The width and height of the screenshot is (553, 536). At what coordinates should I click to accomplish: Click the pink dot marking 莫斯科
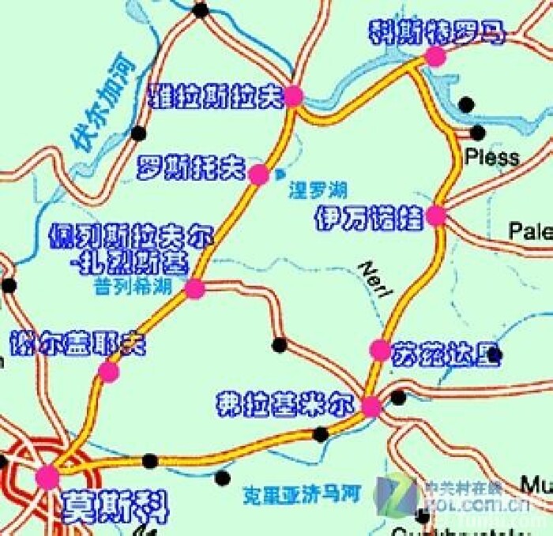pyautogui.click(x=47, y=477)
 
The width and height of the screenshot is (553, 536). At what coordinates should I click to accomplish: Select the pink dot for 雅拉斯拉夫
pyautogui.click(x=294, y=96)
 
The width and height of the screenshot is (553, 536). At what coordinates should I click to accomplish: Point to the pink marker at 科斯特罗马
pyautogui.click(x=434, y=55)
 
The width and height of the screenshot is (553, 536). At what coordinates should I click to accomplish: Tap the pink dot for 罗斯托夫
pyautogui.click(x=258, y=175)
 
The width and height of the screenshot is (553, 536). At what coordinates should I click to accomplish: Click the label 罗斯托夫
pyautogui.click(x=192, y=167)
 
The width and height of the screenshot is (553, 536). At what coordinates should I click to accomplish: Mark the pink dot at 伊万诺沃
pyautogui.click(x=435, y=216)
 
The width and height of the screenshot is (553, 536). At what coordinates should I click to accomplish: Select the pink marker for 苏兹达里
pyautogui.click(x=380, y=349)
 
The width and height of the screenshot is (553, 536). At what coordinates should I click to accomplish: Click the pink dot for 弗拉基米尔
pyautogui.click(x=371, y=407)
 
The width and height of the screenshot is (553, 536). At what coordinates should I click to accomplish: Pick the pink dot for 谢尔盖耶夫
pyautogui.click(x=109, y=372)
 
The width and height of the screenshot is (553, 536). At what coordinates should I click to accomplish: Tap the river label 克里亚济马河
pyautogui.click(x=301, y=495)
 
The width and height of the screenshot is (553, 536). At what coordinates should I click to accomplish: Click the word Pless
pyautogui.click(x=492, y=156)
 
